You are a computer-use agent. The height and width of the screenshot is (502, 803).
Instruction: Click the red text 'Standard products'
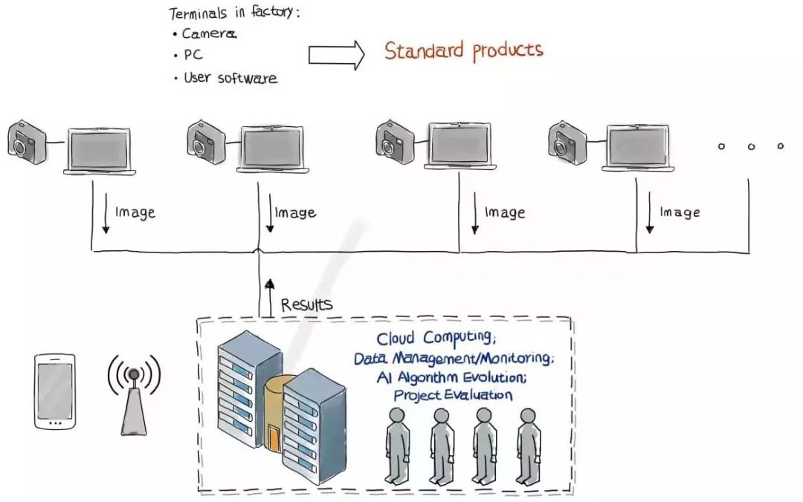(x=463, y=50)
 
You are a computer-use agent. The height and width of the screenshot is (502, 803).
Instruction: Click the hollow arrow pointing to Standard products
(x=337, y=55)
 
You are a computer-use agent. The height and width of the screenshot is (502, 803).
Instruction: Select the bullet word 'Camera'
(x=209, y=33)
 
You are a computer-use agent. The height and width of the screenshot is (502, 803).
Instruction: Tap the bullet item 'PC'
(x=193, y=55)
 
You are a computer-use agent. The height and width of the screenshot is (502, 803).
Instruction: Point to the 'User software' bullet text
(x=230, y=78)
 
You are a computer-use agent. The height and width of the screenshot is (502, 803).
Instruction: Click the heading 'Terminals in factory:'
(x=234, y=13)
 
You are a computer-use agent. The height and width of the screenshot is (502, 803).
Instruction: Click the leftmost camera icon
(x=28, y=143)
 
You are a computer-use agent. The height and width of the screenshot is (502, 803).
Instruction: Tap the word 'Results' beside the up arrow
(x=306, y=304)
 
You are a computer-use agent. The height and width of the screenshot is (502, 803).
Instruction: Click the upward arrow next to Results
(x=270, y=299)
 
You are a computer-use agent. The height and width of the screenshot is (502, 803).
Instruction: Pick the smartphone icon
(x=55, y=391)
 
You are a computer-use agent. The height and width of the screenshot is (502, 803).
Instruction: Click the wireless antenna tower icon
(x=134, y=395)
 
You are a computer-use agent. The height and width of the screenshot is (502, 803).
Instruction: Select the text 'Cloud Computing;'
(x=436, y=338)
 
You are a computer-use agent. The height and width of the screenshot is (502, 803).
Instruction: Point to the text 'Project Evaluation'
(x=453, y=395)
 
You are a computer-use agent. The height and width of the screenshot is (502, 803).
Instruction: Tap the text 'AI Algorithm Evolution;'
(x=451, y=377)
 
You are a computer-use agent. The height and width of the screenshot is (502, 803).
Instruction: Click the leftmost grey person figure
(x=397, y=446)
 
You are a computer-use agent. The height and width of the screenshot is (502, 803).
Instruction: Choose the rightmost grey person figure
(x=528, y=446)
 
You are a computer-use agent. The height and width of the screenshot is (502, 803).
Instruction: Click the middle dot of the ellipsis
(x=751, y=147)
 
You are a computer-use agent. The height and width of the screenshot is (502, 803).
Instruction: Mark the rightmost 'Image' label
(x=680, y=212)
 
